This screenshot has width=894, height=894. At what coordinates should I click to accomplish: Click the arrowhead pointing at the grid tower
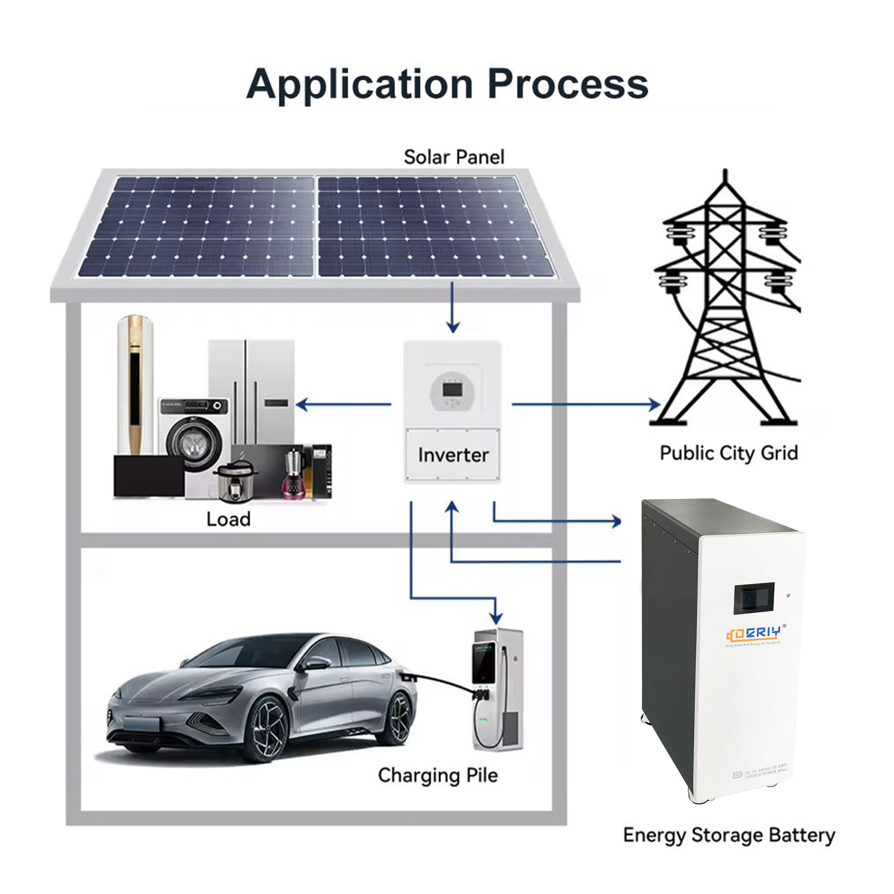655,405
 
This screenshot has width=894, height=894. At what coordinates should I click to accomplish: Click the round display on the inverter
452,392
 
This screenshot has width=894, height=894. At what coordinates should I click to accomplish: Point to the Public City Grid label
728,453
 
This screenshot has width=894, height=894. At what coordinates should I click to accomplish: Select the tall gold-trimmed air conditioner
135,384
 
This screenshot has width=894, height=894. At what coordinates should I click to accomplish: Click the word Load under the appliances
228,519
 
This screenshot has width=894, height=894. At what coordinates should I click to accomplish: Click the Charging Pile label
437,775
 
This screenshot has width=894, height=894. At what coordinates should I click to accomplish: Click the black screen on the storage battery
754,599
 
